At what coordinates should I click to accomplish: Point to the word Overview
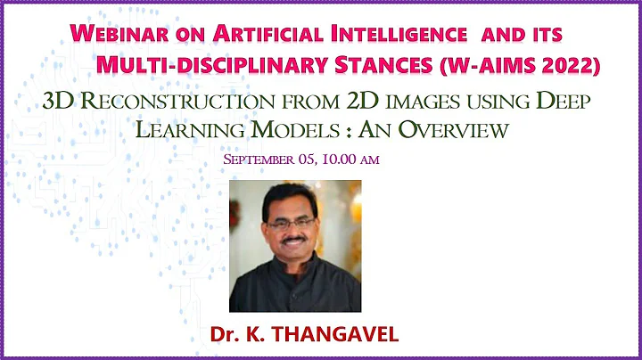point(454,130)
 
